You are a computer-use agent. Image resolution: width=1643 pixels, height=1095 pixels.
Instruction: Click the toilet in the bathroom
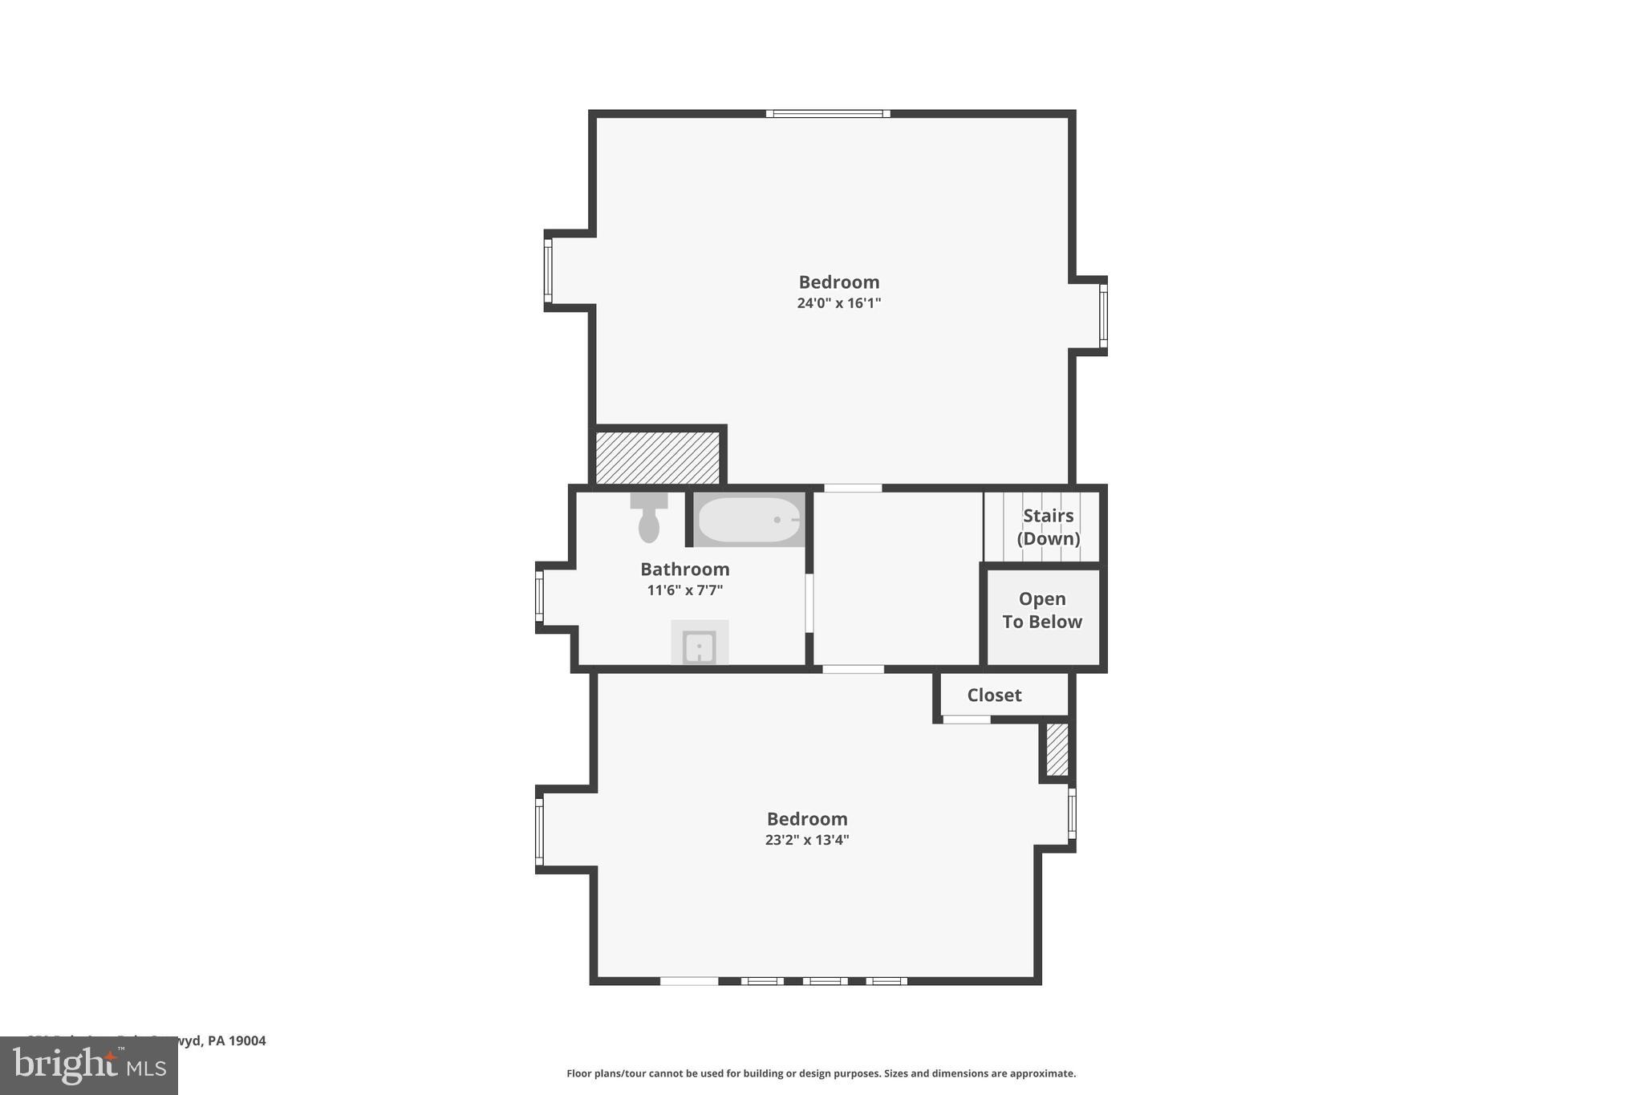click(x=649, y=518)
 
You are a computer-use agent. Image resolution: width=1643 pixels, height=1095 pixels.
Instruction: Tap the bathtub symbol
click(x=749, y=520)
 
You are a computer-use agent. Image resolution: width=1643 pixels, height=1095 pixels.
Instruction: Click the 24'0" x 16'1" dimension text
click(x=838, y=303)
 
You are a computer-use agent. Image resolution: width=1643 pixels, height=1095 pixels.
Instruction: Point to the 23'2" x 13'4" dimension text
click(x=806, y=840)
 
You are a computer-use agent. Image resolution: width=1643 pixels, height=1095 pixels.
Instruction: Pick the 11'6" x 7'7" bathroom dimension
click(x=684, y=590)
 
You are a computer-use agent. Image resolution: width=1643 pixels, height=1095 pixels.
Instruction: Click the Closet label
click(x=994, y=696)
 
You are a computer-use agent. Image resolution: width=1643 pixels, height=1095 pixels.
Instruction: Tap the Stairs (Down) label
click(x=1048, y=527)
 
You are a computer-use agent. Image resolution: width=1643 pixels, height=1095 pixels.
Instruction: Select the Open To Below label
click(x=1042, y=610)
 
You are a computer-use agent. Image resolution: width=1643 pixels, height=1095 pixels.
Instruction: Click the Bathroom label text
click(x=684, y=570)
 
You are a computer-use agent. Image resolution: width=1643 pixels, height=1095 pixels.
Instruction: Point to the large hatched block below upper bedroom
click(x=658, y=457)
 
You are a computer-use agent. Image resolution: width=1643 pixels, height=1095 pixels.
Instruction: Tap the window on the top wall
click(x=828, y=114)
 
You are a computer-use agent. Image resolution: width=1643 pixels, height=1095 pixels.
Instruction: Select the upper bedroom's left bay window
click(x=548, y=270)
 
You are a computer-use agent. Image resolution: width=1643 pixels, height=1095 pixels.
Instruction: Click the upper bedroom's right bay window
click(x=1103, y=315)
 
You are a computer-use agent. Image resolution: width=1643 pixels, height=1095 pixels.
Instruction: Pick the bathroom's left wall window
click(x=539, y=596)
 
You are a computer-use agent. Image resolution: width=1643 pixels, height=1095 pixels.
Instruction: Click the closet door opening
click(x=966, y=720)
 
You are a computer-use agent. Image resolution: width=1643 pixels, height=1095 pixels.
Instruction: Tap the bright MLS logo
click(x=89, y=1066)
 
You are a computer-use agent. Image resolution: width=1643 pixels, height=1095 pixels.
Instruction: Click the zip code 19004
click(x=247, y=1040)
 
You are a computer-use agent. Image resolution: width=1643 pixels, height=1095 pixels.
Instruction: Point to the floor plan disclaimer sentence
click(x=821, y=1073)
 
